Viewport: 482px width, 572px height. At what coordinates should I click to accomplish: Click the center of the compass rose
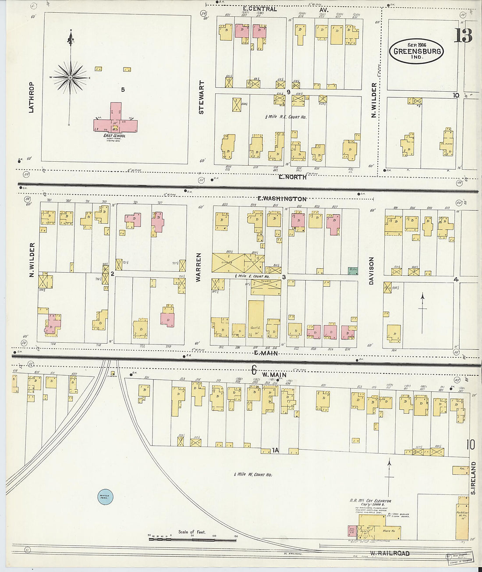[70, 78]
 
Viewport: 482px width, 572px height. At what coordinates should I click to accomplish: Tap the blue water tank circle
[106, 497]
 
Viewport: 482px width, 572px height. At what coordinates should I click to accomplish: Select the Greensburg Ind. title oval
[416, 51]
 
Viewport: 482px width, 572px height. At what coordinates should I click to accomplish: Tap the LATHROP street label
[31, 97]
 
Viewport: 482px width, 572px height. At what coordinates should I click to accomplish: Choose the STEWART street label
[202, 97]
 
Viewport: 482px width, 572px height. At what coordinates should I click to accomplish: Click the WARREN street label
[198, 267]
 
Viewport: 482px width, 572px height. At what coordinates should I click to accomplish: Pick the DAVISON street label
[371, 271]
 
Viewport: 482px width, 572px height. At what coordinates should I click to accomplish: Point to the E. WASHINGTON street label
[282, 199]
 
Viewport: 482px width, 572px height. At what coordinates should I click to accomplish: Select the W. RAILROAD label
[390, 554]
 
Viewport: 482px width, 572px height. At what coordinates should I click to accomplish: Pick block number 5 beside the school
[123, 89]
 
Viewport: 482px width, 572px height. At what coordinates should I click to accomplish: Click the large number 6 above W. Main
[254, 371]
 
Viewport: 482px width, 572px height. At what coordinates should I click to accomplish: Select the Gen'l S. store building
[256, 318]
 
